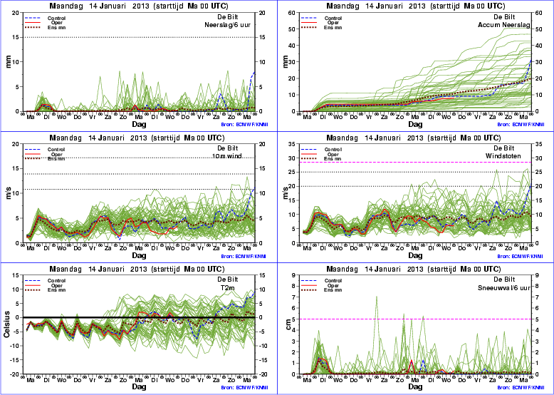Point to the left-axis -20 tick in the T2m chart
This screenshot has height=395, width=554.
pos(16,374)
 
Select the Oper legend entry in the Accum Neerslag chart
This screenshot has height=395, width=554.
pos(333,22)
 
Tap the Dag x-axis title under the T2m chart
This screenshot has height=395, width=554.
pos(138,387)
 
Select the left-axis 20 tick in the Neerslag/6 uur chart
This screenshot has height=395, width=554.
pos(16,12)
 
